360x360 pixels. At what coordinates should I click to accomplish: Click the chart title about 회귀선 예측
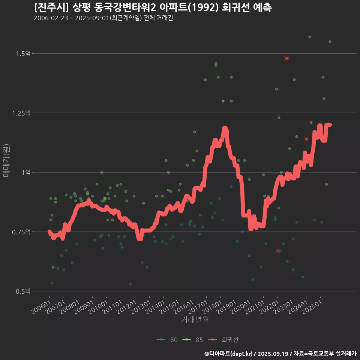tap(153, 7)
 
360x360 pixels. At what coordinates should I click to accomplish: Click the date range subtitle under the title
tap(103, 18)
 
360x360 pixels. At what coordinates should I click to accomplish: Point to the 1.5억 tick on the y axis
tap(23, 54)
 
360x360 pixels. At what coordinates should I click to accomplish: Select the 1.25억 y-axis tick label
tap(22, 113)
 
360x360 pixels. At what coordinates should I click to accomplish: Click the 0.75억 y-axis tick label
tap(22, 232)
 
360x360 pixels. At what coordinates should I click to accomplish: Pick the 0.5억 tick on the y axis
tap(23, 291)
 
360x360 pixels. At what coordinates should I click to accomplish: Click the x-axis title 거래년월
tap(195, 320)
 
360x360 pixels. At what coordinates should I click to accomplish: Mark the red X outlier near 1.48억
tap(286, 58)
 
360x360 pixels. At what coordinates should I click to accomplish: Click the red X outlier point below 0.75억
tap(278, 251)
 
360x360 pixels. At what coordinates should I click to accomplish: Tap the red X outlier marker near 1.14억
tap(306, 139)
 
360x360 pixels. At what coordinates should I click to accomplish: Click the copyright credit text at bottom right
tap(280, 353)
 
